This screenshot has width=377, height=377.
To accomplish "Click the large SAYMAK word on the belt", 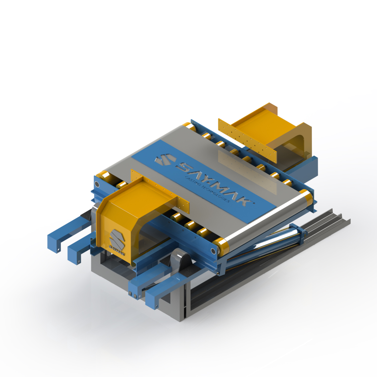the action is point(214,183).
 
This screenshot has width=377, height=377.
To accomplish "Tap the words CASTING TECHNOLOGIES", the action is point(207,189).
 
